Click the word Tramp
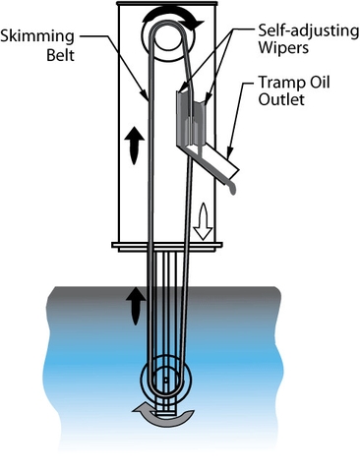(x=281, y=81)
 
